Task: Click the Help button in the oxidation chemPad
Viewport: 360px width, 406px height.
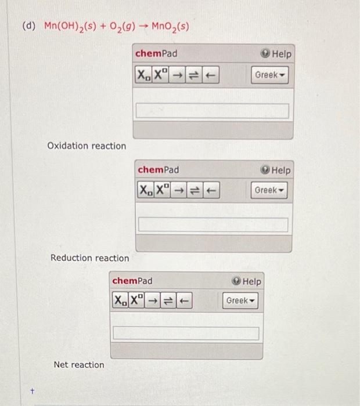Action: click(x=276, y=54)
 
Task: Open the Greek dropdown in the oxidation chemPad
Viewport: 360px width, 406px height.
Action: click(x=270, y=75)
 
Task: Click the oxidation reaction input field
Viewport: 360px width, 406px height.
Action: click(x=212, y=111)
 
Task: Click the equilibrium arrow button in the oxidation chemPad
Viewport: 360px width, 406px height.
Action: click(x=195, y=75)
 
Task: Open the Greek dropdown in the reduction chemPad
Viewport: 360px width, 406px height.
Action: click(x=270, y=190)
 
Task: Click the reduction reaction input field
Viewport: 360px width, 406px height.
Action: click(x=213, y=224)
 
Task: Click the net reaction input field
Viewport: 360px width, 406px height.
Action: click(x=186, y=333)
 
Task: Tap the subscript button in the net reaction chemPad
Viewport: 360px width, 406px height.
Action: click(x=119, y=300)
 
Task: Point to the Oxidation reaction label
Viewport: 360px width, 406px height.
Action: click(x=87, y=146)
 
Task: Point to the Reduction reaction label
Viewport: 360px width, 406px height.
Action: click(x=90, y=258)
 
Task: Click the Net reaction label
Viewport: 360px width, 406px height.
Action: click(x=79, y=365)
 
